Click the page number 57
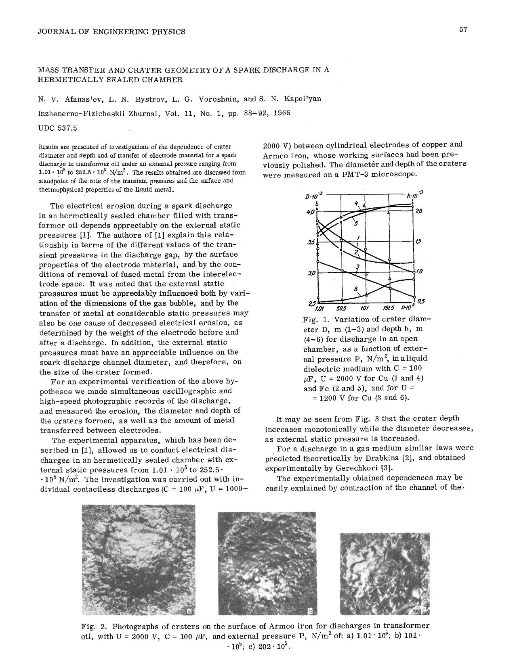coord(463,29)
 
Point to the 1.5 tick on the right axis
coord(418,242)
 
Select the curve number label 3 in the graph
coord(357,266)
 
